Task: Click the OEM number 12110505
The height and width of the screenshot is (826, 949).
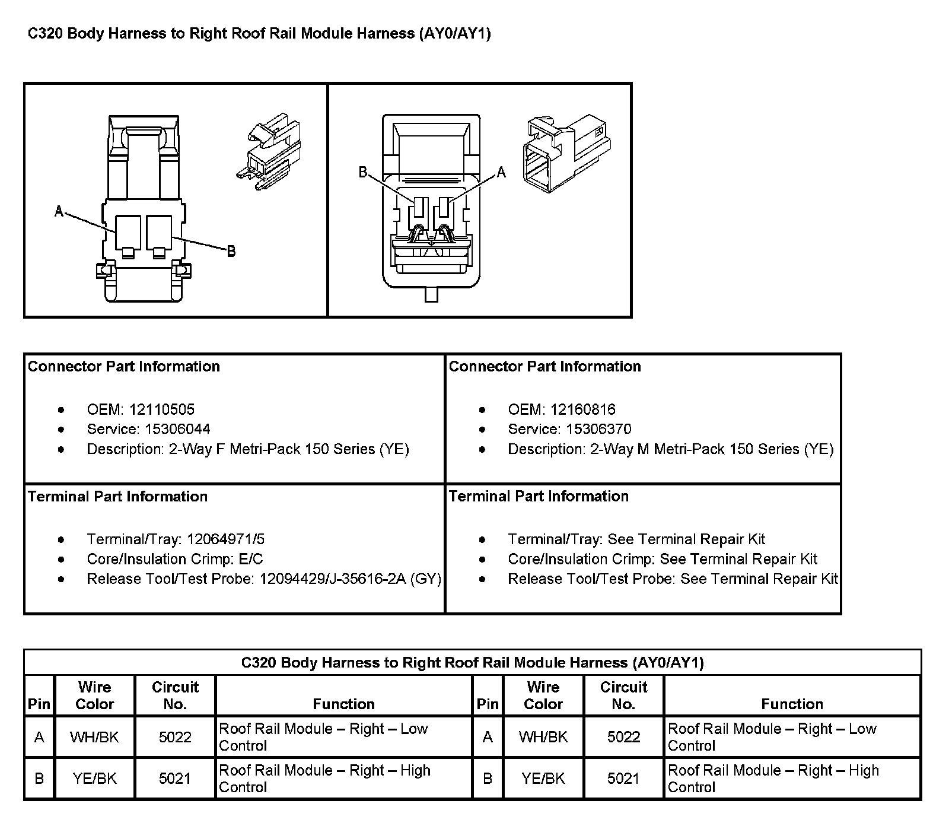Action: (x=162, y=409)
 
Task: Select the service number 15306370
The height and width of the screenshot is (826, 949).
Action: (x=598, y=429)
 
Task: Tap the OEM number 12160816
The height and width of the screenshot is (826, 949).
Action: (x=583, y=409)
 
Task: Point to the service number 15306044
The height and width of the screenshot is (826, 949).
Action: (x=177, y=429)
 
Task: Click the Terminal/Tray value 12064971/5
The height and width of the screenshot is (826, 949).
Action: (x=225, y=539)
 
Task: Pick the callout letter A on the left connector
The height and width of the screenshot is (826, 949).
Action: (x=59, y=211)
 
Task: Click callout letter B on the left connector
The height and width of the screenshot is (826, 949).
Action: (x=231, y=252)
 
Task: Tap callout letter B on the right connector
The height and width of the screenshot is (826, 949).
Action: (x=363, y=172)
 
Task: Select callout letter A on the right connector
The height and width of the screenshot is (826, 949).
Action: (x=501, y=172)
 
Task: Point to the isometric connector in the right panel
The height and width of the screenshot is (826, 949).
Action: (x=566, y=154)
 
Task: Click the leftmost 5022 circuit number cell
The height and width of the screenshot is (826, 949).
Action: (x=175, y=737)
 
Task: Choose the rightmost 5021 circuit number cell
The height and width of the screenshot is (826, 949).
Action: (x=623, y=779)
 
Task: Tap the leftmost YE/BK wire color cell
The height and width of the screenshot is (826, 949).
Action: (x=94, y=779)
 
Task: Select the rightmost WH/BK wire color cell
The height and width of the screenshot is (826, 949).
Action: (x=543, y=737)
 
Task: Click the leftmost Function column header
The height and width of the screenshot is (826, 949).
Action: (x=344, y=704)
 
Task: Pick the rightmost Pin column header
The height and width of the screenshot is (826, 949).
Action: (x=488, y=704)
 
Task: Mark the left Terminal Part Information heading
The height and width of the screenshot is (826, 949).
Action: (x=118, y=497)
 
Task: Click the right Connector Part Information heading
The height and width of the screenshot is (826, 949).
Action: (x=545, y=367)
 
